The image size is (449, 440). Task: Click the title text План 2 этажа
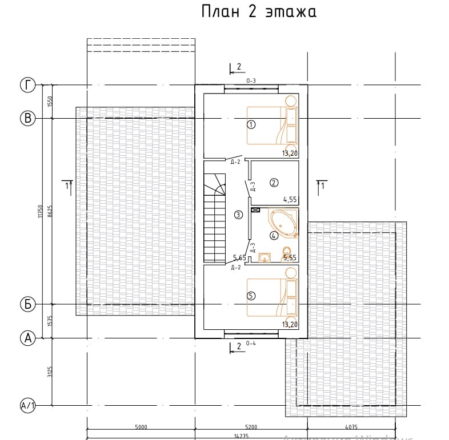(259, 13)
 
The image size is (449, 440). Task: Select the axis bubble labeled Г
(27, 86)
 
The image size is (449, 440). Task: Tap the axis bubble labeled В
(27, 119)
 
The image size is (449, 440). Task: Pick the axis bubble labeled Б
(27, 304)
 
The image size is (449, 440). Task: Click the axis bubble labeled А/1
(27, 406)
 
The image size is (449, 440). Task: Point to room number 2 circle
(274, 183)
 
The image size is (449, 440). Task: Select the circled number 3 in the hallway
(238, 215)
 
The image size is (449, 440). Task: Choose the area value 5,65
(239, 258)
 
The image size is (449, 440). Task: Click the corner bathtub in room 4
(283, 224)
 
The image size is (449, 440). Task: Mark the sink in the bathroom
(264, 256)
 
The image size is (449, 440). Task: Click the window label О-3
(251, 81)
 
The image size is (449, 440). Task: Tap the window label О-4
(250, 344)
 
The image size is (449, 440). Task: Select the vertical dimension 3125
(50, 372)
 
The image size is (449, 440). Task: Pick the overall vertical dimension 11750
(41, 211)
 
